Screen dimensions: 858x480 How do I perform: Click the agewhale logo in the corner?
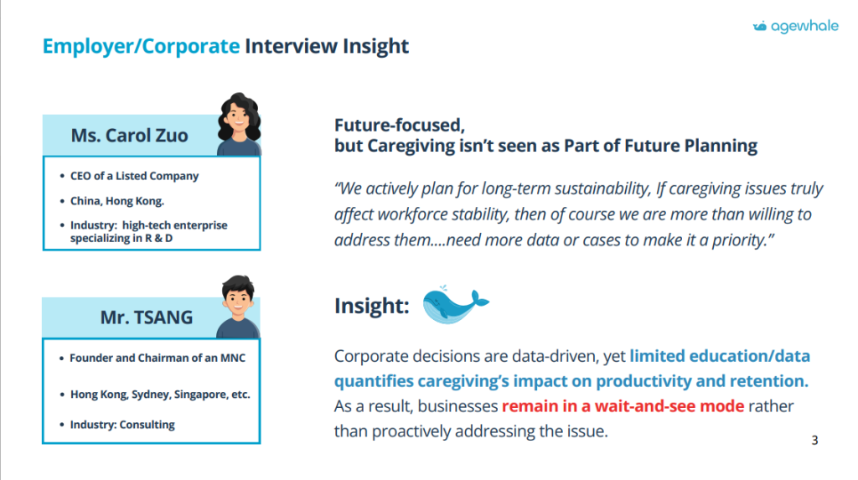[x=796, y=26]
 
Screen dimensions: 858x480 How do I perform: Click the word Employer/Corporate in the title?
[x=141, y=47]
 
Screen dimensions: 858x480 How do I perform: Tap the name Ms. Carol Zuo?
[x=130, y=135]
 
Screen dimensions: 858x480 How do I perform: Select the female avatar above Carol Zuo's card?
[x=239, y=124]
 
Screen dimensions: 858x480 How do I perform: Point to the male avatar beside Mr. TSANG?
[x=238, y=307]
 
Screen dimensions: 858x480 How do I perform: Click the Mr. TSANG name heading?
[x=147, y=317]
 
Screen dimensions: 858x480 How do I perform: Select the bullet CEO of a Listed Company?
[x=134, y=176]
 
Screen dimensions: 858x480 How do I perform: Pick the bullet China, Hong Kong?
[x=117, y=201]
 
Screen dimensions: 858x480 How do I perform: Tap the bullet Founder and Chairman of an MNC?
[x=158, y=358]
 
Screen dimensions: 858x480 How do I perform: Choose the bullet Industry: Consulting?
[x=122, y=425]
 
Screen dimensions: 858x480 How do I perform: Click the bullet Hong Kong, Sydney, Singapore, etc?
[x=160, y=395]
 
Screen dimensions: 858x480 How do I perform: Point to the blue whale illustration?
[x=456, y=304]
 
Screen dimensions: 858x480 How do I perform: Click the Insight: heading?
[x=372, y=306]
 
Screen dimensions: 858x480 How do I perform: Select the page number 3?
[x=814, y=441]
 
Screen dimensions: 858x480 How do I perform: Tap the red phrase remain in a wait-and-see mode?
[x=623, y=406]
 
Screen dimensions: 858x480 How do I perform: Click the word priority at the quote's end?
[x=742, y=240]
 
